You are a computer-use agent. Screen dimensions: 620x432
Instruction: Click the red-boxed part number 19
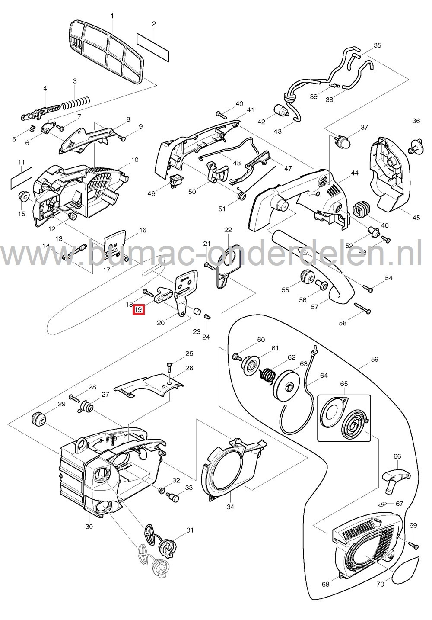139,310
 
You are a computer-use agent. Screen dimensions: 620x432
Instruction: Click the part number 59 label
374,359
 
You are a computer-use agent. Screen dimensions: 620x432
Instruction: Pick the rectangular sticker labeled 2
153,43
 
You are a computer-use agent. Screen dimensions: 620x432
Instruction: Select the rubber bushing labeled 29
38,419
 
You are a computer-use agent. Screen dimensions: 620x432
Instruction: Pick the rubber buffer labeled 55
308,276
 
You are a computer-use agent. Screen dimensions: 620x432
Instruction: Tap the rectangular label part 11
22,179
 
